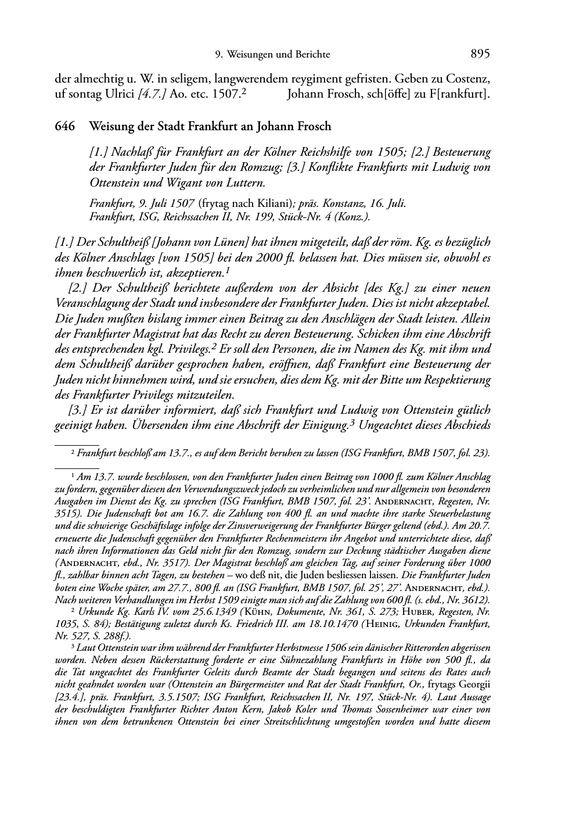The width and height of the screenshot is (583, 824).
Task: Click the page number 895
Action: pyautogui.click(x=480, y=54)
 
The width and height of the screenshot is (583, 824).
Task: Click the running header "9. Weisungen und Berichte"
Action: pyautogui.click(x=272, y=55)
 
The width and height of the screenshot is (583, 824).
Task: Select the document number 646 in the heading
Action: pyautogui.click(x=64, y=126)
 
